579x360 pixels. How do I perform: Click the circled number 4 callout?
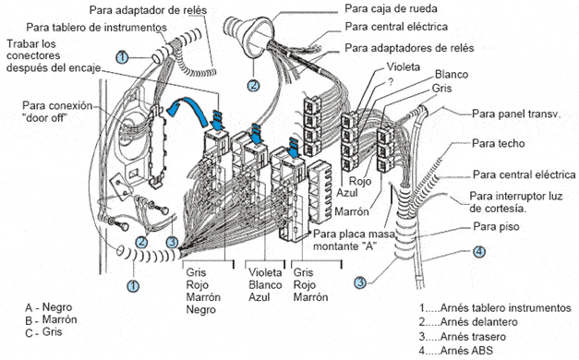pyautogui.click(x=479, y=252)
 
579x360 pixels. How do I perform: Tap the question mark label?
pyautogui.click(x=391, y=81)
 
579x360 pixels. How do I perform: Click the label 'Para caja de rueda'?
pyautogui.click(x=391, y=8)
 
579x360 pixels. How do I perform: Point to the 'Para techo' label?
pyautogui.click(x=498, y=143)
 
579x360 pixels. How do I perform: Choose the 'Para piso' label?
pyautogui.click(x=496, y=226)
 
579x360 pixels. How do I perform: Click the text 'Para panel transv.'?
pyautogui.click(x=516, y=114)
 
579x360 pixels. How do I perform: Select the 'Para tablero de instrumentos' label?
pyautogui.click(x=96, y=28)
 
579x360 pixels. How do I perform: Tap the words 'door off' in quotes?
pyautogui.click(x=46, y=118)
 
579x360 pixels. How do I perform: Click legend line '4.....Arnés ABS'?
pyautogui.click(x=455, y=350)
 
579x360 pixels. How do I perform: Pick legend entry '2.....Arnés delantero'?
pyautogui.click(x=468, y=322)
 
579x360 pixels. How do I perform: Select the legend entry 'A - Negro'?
pyautogui.click(x=49, y=307)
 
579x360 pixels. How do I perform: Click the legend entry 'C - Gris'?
pyautogui.click(x=43, y=332)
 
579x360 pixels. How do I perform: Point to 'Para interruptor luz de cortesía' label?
pyautogui.click(x=516, y=202)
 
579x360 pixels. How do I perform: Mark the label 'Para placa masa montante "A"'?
pyautogui.click(x=355, y=240)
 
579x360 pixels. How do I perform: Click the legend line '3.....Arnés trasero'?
pyautogui.click(x=463, y=336)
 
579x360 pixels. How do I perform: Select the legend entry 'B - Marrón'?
pyautogui.click(x=51, y=319)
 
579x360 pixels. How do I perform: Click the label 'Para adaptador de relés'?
pyautogui.click(x=148, y=10)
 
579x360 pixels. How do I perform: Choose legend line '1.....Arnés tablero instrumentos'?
pyautogui.click(x=495, y=307)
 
